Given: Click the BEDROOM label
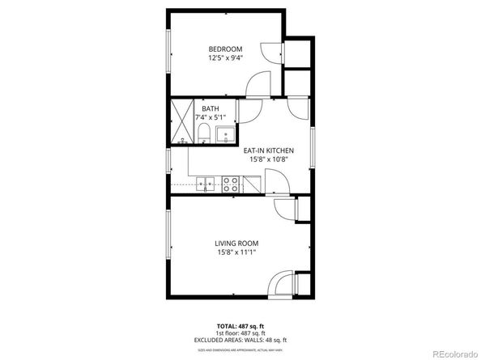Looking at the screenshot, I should pyautogui.click(x=226, y=48).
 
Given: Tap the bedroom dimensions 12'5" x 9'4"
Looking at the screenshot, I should pyautogui.click(x=226, y=57).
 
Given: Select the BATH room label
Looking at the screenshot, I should pyautogui.click(x=211, y=109).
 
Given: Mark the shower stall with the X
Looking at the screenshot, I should pyautogui.click(x=182, y=121).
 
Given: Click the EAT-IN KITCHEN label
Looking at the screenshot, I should pyautogui.click(x=268, y=150).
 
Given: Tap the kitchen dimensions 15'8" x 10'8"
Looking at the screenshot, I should pyautogui.click(x=268, y=160).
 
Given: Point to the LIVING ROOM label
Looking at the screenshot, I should pyautogui.click(x=237, y=243).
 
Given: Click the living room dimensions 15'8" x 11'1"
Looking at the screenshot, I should pyautogui.click(x=237, y=252).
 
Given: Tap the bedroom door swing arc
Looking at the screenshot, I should pyautogui.click(x=259, y=84).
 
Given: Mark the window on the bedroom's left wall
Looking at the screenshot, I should pyautogui.click(x=168, y=54).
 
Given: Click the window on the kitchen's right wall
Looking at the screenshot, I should pyautogui.click(x=312, y=149).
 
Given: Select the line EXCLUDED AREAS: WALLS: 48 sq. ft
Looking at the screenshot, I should pyautogui.click(x=240, y=340).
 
